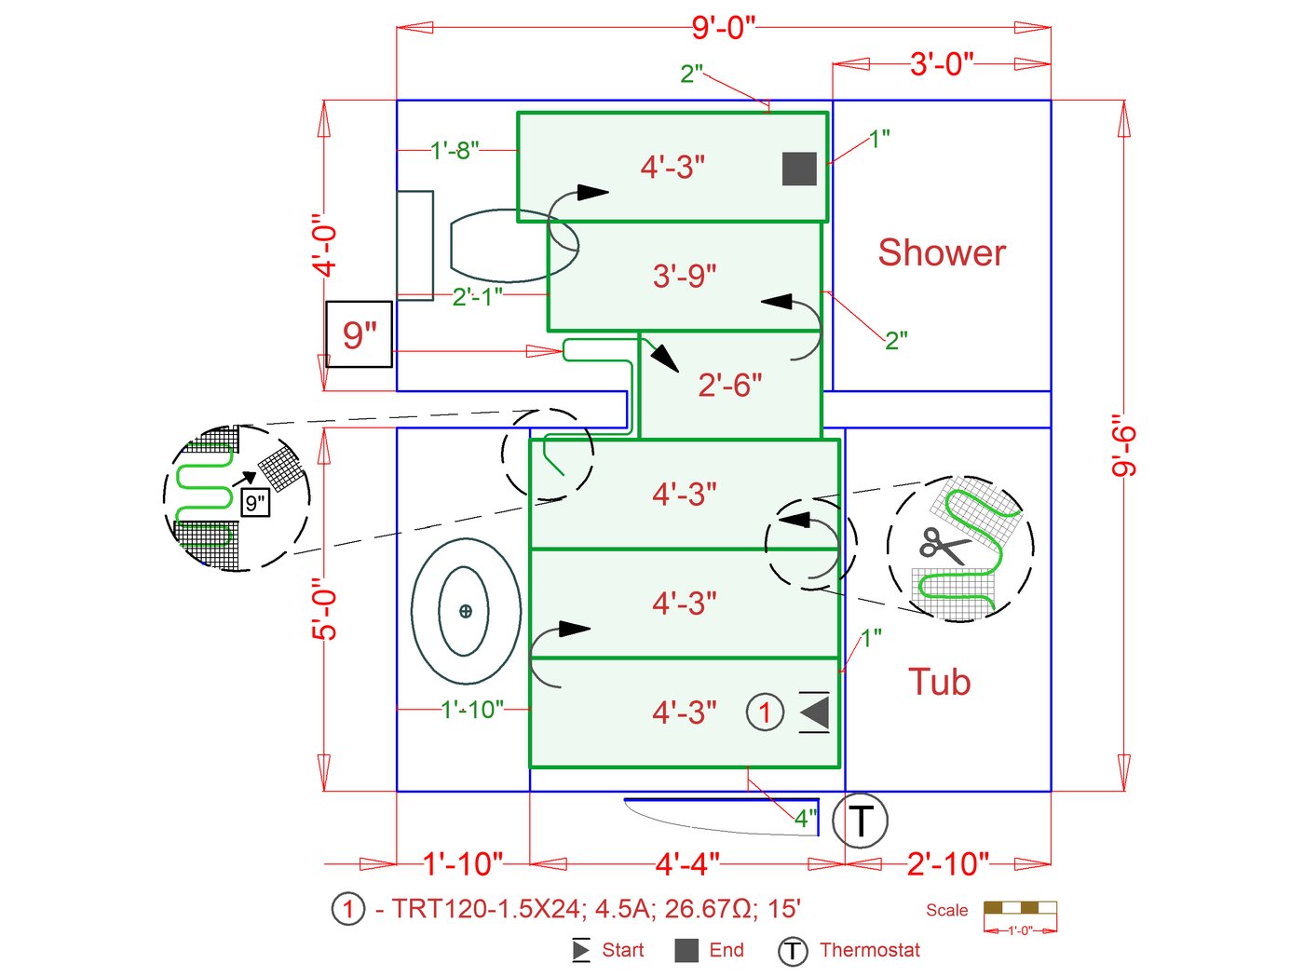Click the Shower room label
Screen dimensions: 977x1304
coord(942,252)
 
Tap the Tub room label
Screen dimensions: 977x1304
coord(939,682)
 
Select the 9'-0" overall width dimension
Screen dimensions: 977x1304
coord(723,27)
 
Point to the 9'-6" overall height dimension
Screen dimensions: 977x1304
coord(1124,451)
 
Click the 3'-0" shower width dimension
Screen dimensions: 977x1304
coord(942,64)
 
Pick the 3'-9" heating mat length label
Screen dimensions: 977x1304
coord(685,276)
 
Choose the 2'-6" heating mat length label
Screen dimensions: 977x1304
coord(729,385)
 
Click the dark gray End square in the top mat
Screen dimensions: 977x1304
coord(799,169)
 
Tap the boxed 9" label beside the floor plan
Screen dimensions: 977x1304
coord(359,334)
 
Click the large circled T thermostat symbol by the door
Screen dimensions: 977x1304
coord(861,821)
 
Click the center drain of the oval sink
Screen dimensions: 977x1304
coord(466,611)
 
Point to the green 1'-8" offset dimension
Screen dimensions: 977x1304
coord(455,149)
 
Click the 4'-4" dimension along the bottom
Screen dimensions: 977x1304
coord(687,864)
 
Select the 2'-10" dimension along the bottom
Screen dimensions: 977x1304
coord(947,864)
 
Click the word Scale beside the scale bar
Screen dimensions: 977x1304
coord(946,910)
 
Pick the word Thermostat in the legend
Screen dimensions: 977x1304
coord(869,950)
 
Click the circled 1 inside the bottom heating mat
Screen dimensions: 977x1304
coord(765,712)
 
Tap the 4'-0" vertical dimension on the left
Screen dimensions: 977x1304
coord(324,247)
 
